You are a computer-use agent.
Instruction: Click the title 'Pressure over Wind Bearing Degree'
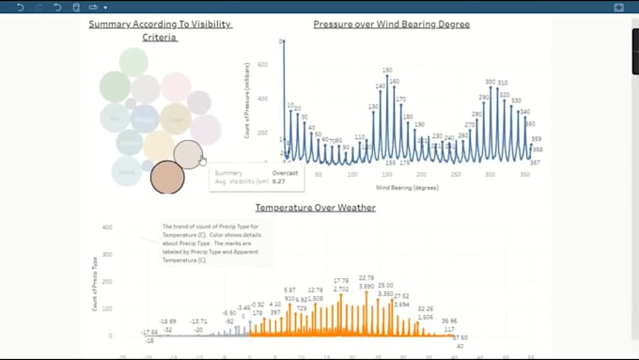point(391,24)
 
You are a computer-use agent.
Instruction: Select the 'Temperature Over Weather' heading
point(315,207)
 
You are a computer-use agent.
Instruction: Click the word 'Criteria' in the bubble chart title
point(160,38)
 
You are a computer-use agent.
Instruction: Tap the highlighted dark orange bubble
point(167,177)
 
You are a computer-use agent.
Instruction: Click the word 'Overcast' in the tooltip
point(286,173)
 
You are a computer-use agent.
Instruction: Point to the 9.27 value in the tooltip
point(278,181)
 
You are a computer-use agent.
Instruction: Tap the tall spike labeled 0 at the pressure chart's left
point(284,42)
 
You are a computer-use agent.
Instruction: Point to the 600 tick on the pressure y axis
point(262,65)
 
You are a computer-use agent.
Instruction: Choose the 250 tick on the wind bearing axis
point(456,174)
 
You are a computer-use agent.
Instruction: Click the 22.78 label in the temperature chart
point(366,278)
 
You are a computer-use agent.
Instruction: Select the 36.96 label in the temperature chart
point(449,321)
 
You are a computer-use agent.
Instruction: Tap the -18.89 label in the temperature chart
point(166,321)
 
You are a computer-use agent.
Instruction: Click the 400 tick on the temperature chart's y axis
point(107,227)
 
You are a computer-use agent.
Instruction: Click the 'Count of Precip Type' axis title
point(94,283)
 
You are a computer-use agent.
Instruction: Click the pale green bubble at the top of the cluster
point(133,62)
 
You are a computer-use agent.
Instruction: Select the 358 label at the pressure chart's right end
point(537,149)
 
